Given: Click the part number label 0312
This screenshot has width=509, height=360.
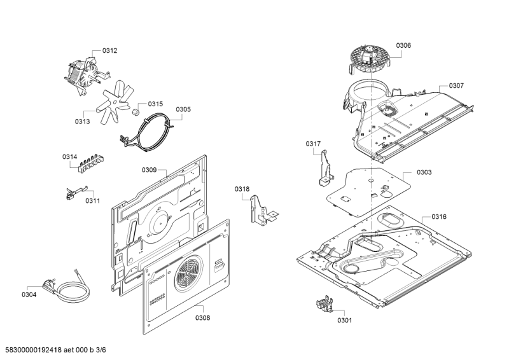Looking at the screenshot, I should click(x=109, y=50).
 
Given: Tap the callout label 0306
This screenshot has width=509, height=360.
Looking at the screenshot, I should click(x=403, y=45).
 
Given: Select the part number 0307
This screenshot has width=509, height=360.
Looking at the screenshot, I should click(x=456, y=86).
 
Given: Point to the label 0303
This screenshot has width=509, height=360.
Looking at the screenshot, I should click(x=424, y=172).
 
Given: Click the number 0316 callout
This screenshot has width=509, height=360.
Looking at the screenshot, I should click(x=438, y=217).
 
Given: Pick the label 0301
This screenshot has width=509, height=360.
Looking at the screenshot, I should click(x=344, y=320).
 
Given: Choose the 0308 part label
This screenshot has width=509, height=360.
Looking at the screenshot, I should click(x=202, y=317).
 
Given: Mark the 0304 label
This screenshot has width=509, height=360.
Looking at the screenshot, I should click(x=29, y=294).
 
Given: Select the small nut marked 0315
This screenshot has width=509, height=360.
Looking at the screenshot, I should click(x=135, y=112).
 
